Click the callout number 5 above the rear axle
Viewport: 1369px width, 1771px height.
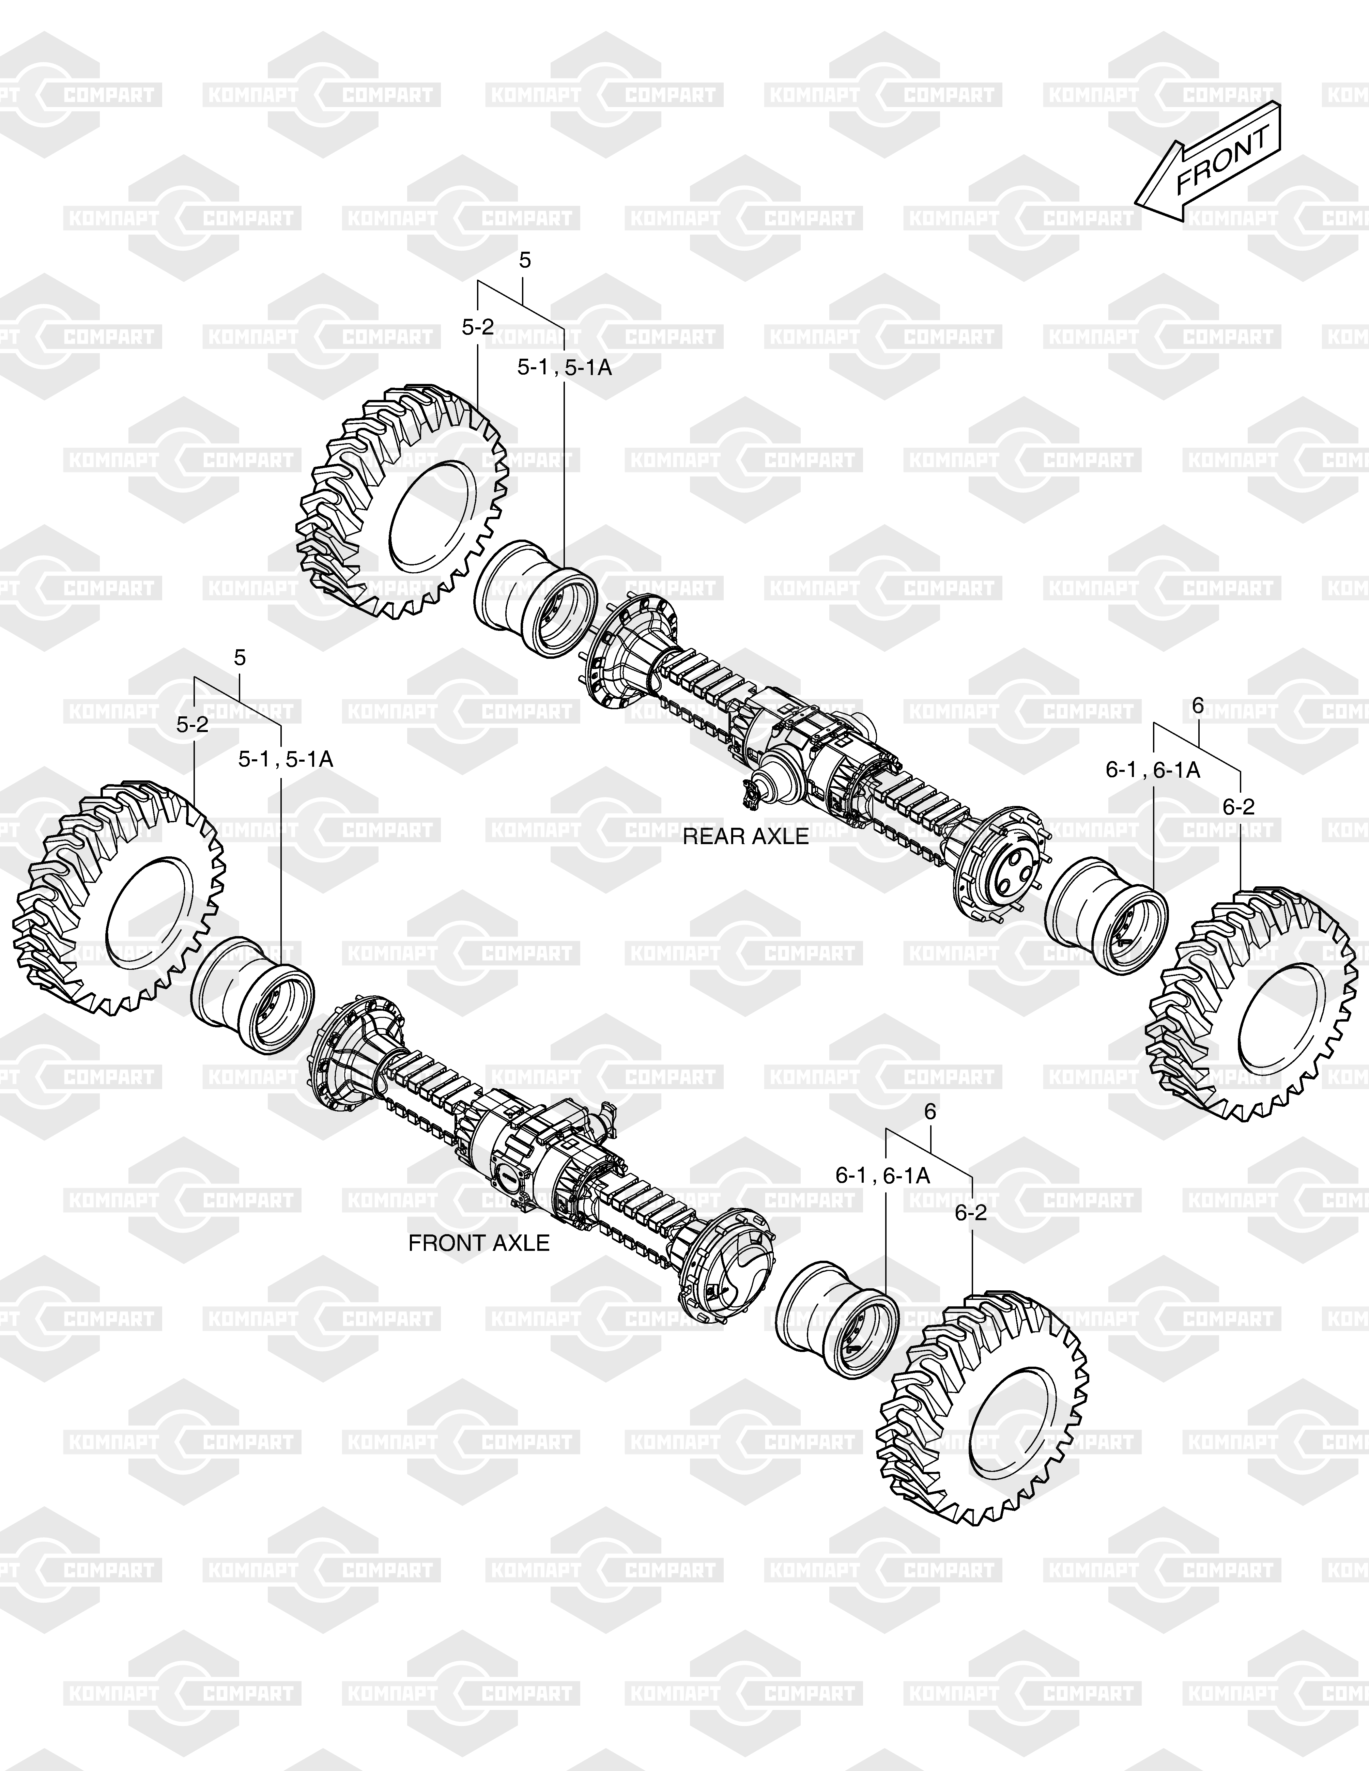point(525,260)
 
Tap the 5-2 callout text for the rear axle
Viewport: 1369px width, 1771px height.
point(478,327)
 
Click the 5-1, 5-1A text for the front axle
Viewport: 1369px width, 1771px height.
point(286,759)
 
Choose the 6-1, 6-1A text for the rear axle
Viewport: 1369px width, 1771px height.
point(1152,770)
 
